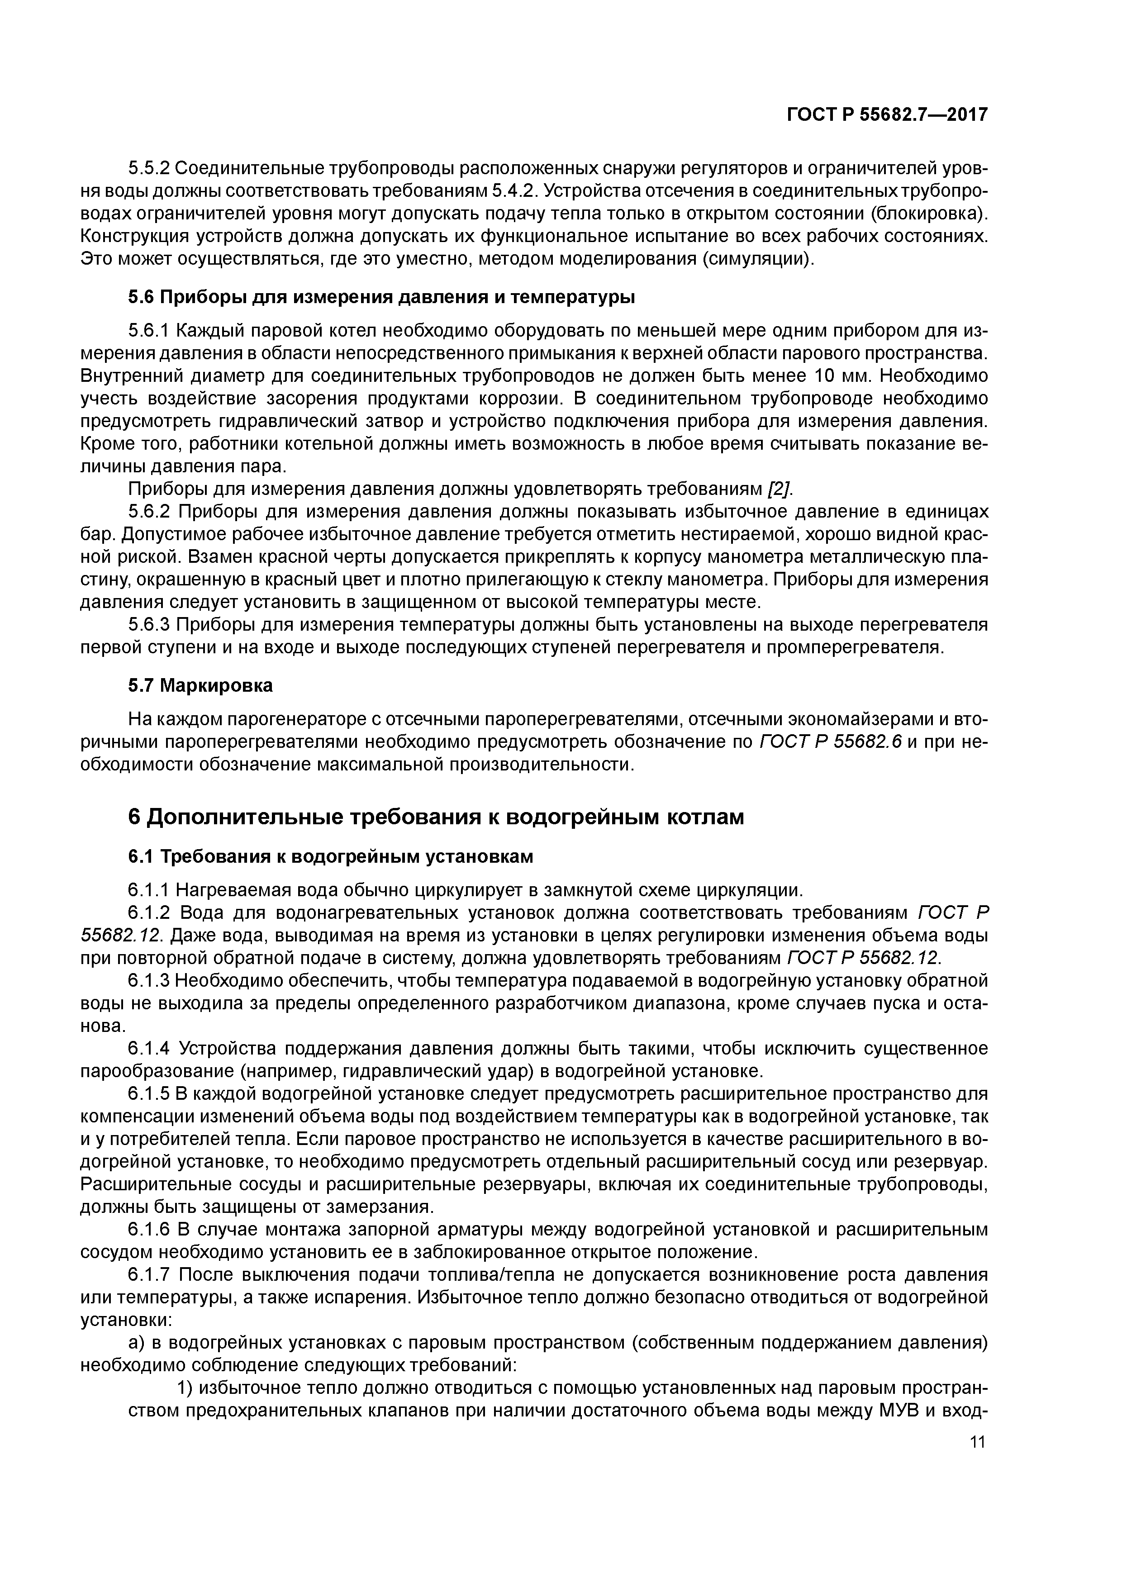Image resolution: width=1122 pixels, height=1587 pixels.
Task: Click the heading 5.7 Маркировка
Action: coord(200,686)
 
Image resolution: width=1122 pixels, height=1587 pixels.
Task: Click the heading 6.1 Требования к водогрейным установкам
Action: coord(330,856)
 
